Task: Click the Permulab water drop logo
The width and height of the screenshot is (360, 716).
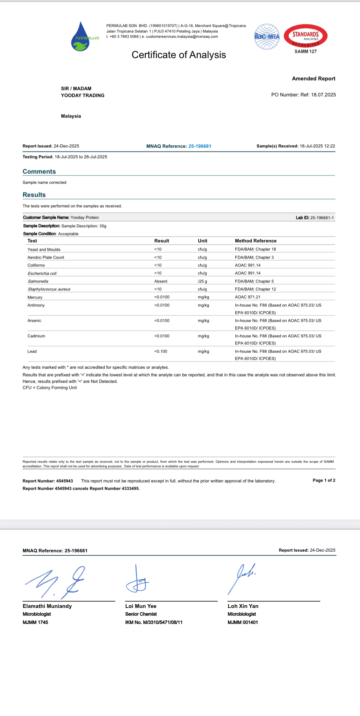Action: tap(81, 37)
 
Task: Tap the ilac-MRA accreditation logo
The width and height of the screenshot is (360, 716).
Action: tap(267, 36)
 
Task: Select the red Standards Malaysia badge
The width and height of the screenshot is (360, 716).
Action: tap(305, 36)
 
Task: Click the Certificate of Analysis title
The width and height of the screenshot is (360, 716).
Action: tap(179, 55)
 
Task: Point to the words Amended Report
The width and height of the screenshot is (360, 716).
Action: tap(314, 79)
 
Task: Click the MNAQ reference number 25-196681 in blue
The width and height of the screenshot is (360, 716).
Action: tap(200, 146)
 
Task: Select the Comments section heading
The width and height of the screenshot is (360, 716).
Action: tap(39, 172)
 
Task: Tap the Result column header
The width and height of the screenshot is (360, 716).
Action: tap(162, 241)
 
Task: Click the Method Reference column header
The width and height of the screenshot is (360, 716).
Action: tap(256, 241)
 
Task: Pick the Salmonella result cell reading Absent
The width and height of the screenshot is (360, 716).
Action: tap(161, 281)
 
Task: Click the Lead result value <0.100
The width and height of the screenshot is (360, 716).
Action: tap(161, 351)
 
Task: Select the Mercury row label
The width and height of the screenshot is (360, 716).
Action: tap(35, 297)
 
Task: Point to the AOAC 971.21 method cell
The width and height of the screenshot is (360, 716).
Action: tap(248, 297)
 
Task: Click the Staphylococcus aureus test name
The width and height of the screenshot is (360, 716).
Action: tap(49, 289)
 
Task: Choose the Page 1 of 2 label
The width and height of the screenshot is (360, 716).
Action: tap(324, 480)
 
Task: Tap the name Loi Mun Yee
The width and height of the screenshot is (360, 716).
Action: tap(141, 606)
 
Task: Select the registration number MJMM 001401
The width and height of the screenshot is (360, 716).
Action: tap(243, 622)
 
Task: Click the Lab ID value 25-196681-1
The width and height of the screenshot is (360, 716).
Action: tap(322, 218)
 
